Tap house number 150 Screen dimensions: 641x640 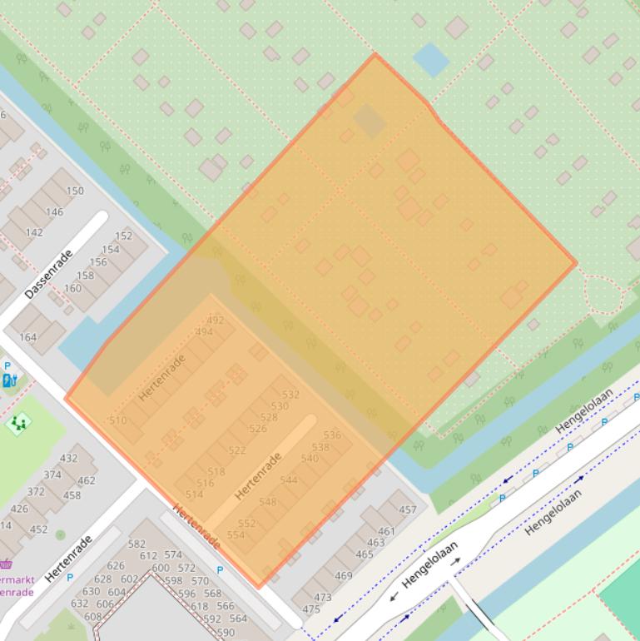click(75, 191)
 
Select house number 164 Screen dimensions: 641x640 click(28, 337)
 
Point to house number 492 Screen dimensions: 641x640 click(215, 320)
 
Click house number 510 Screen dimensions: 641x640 click(118, 420)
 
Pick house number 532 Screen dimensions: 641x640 click(290, 395)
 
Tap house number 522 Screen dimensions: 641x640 click(237, 450)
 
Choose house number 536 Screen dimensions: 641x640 click(332, 435)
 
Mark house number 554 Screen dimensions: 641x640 click(236, 534)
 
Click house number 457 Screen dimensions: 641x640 click(408, 509)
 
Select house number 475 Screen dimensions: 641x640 click(311, 609)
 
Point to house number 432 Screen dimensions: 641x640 click(68, 458)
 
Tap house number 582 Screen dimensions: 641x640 click(136, 544)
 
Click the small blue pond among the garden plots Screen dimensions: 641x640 click(430, 59)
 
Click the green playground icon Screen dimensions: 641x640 click(18, 423)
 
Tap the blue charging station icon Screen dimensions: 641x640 click(10, 380)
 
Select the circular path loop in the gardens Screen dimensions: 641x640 click(603, 293)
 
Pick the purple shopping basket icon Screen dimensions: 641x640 click(6, 564)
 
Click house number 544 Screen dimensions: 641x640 click(289, 480)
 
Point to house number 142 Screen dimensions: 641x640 click(34, 232)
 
